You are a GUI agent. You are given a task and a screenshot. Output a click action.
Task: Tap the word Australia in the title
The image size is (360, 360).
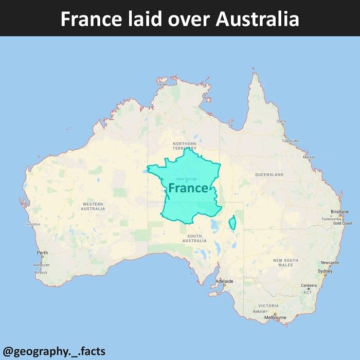point(257,19)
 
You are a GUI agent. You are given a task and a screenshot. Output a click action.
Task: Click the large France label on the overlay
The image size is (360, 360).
point(188,188)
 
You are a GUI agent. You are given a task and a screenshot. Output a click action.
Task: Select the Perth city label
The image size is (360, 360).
point(42,253)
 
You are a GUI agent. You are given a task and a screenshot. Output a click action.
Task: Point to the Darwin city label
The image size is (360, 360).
point(163,84)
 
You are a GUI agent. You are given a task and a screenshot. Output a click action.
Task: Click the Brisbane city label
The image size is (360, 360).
point(339,211)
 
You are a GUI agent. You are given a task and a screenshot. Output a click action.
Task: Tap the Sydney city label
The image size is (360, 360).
point(325,271)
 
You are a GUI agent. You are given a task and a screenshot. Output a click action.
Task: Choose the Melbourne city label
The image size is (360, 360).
point(275,317)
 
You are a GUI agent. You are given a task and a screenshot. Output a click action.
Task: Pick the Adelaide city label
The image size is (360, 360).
point(225,281)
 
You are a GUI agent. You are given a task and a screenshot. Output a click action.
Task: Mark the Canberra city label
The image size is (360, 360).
point(309,285)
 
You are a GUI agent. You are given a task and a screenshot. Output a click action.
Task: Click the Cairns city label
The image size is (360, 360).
point(282,121)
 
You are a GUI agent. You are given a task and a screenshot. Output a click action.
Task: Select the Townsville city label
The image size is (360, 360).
point(290,141)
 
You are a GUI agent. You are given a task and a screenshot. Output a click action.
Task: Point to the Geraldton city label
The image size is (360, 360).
point(32,224)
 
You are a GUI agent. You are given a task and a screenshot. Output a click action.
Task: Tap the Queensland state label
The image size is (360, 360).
point(269,175)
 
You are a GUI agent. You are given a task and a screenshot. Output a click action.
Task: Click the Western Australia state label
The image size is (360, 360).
point(93,206)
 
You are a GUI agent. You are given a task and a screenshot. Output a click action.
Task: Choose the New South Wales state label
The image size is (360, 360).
point(285,262)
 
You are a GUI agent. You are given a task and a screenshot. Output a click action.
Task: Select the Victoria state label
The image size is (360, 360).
point(268,305)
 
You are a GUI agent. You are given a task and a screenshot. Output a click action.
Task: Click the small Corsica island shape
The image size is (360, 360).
point(232,223)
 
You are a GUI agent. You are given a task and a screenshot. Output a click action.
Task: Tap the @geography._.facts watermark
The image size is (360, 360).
point(54,352)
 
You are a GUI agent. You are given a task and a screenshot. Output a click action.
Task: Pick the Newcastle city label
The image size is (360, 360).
point(330,262)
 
